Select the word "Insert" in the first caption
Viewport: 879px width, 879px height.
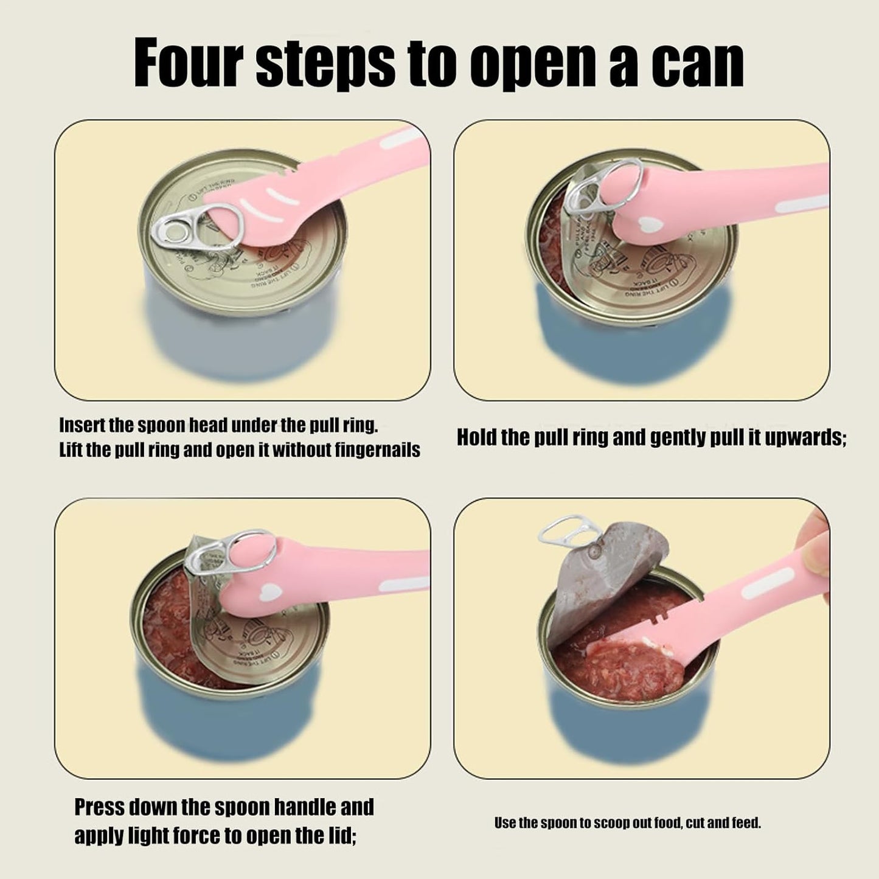coord(82,425)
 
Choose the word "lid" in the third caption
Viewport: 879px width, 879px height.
coord(340,836)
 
